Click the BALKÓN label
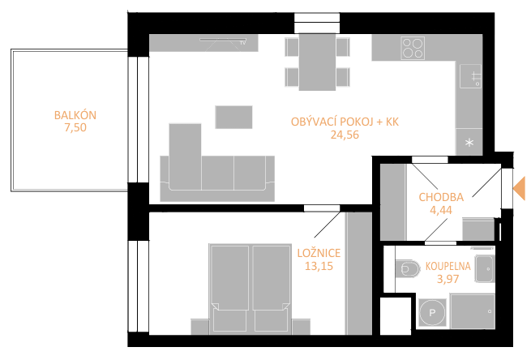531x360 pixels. coord(75,115)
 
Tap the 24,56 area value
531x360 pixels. coord(345,135)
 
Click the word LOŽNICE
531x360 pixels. coord(319,253)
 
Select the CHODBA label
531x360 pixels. coord(441,197)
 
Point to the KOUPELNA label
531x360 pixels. coord(448,266)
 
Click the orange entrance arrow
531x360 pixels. coord(520,188)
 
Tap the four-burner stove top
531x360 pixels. coord(413,48)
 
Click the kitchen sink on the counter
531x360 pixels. coord(471,76)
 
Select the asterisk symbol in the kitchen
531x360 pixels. coord(469,143)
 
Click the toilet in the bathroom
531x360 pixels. coord(407,269)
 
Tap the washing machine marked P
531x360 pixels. coord(432,313)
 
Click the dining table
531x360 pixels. coord(317,62)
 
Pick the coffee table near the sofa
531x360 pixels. coord(233,118)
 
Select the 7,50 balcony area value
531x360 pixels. coord(75,127)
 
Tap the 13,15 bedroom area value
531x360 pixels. coord(319,266)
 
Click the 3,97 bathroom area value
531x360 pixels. coord(448,279)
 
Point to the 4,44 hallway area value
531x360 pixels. coord(441,210)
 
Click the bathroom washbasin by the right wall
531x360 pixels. coord(484,269)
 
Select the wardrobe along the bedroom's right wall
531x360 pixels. coord(359,273)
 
